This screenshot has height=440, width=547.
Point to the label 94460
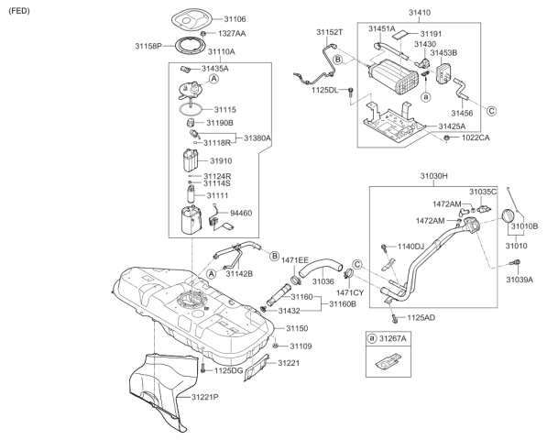click(241, 212)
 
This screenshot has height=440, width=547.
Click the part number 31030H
click(434, 175)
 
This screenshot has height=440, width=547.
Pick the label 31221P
click(208, 398)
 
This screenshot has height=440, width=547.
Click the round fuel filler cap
click(508, 217)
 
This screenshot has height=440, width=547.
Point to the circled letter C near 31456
click(491, 110)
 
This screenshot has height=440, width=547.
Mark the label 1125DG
click(229, 370)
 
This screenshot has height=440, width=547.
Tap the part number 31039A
click(520, 280)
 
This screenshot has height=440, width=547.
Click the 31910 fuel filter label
click(223, 160)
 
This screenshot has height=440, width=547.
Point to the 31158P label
click(148, 45)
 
